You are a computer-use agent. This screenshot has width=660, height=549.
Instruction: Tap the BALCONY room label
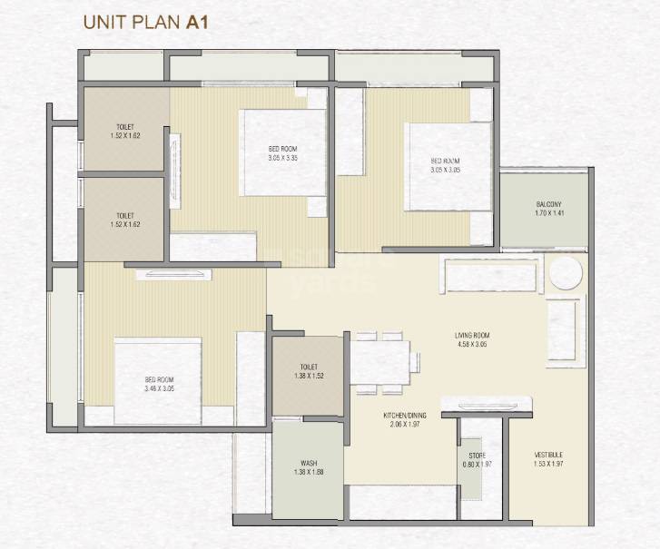click(x=548, y=204)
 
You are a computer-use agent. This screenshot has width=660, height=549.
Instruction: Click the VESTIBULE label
click(x=548, y=454)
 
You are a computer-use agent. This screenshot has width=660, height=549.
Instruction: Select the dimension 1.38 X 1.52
click(x=308, y=375)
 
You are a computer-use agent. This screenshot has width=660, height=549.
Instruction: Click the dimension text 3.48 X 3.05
click(x=159, y=388)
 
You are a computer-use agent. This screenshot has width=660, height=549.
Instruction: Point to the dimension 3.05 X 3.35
click(x=282, y=158)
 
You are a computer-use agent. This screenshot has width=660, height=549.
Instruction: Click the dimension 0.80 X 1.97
click(x=477, y=466)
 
